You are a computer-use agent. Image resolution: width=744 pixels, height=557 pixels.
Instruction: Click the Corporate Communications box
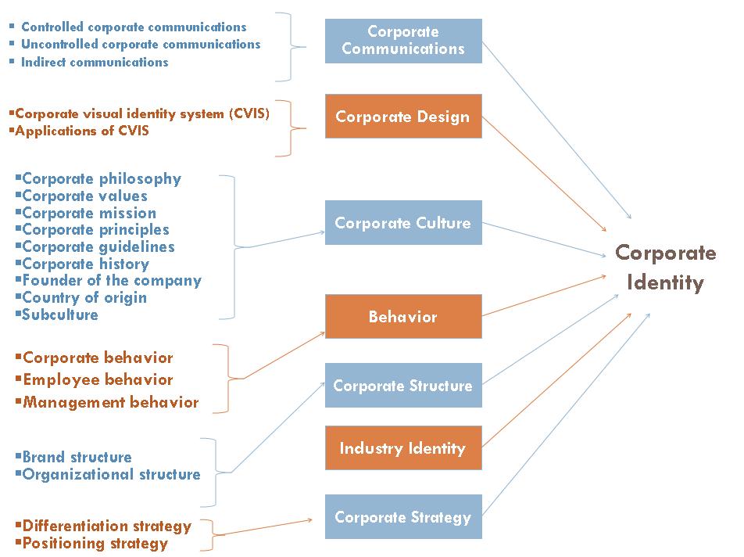(x=403, y=41)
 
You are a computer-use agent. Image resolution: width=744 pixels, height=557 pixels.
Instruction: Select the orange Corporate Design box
(x=403, y=117)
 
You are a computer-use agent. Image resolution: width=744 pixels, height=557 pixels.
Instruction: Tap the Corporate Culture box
(x=403, y=223)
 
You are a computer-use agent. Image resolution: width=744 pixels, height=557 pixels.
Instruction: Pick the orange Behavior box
(x=403, y=317)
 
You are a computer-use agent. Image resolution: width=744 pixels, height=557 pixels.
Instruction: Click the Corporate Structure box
(x=403, y=386)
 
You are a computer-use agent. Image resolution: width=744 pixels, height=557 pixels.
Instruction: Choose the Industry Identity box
(x=403, y=448)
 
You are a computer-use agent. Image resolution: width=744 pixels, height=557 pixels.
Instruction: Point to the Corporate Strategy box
(x=403, y=517)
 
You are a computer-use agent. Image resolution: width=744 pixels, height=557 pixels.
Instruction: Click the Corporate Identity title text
(x=666, y=268)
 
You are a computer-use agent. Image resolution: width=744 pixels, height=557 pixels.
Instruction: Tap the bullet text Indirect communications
(x=95, y=62)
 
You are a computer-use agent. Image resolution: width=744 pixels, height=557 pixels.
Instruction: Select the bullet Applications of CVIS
(x=82, y=131)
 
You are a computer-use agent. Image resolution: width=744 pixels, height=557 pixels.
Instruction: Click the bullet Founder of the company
(x=112, y=280)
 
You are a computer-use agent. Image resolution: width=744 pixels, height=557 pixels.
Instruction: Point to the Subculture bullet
(x=60, y=314)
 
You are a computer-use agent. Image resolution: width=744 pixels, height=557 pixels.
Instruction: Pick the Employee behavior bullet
(x=98, y=379)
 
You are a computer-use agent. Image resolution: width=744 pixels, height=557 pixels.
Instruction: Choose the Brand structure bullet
(x=77, y=457)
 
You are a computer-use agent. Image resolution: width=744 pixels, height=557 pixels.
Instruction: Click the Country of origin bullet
(x=84, y=297)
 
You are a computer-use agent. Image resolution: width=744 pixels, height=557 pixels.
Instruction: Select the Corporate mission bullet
(x=89, y=213)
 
